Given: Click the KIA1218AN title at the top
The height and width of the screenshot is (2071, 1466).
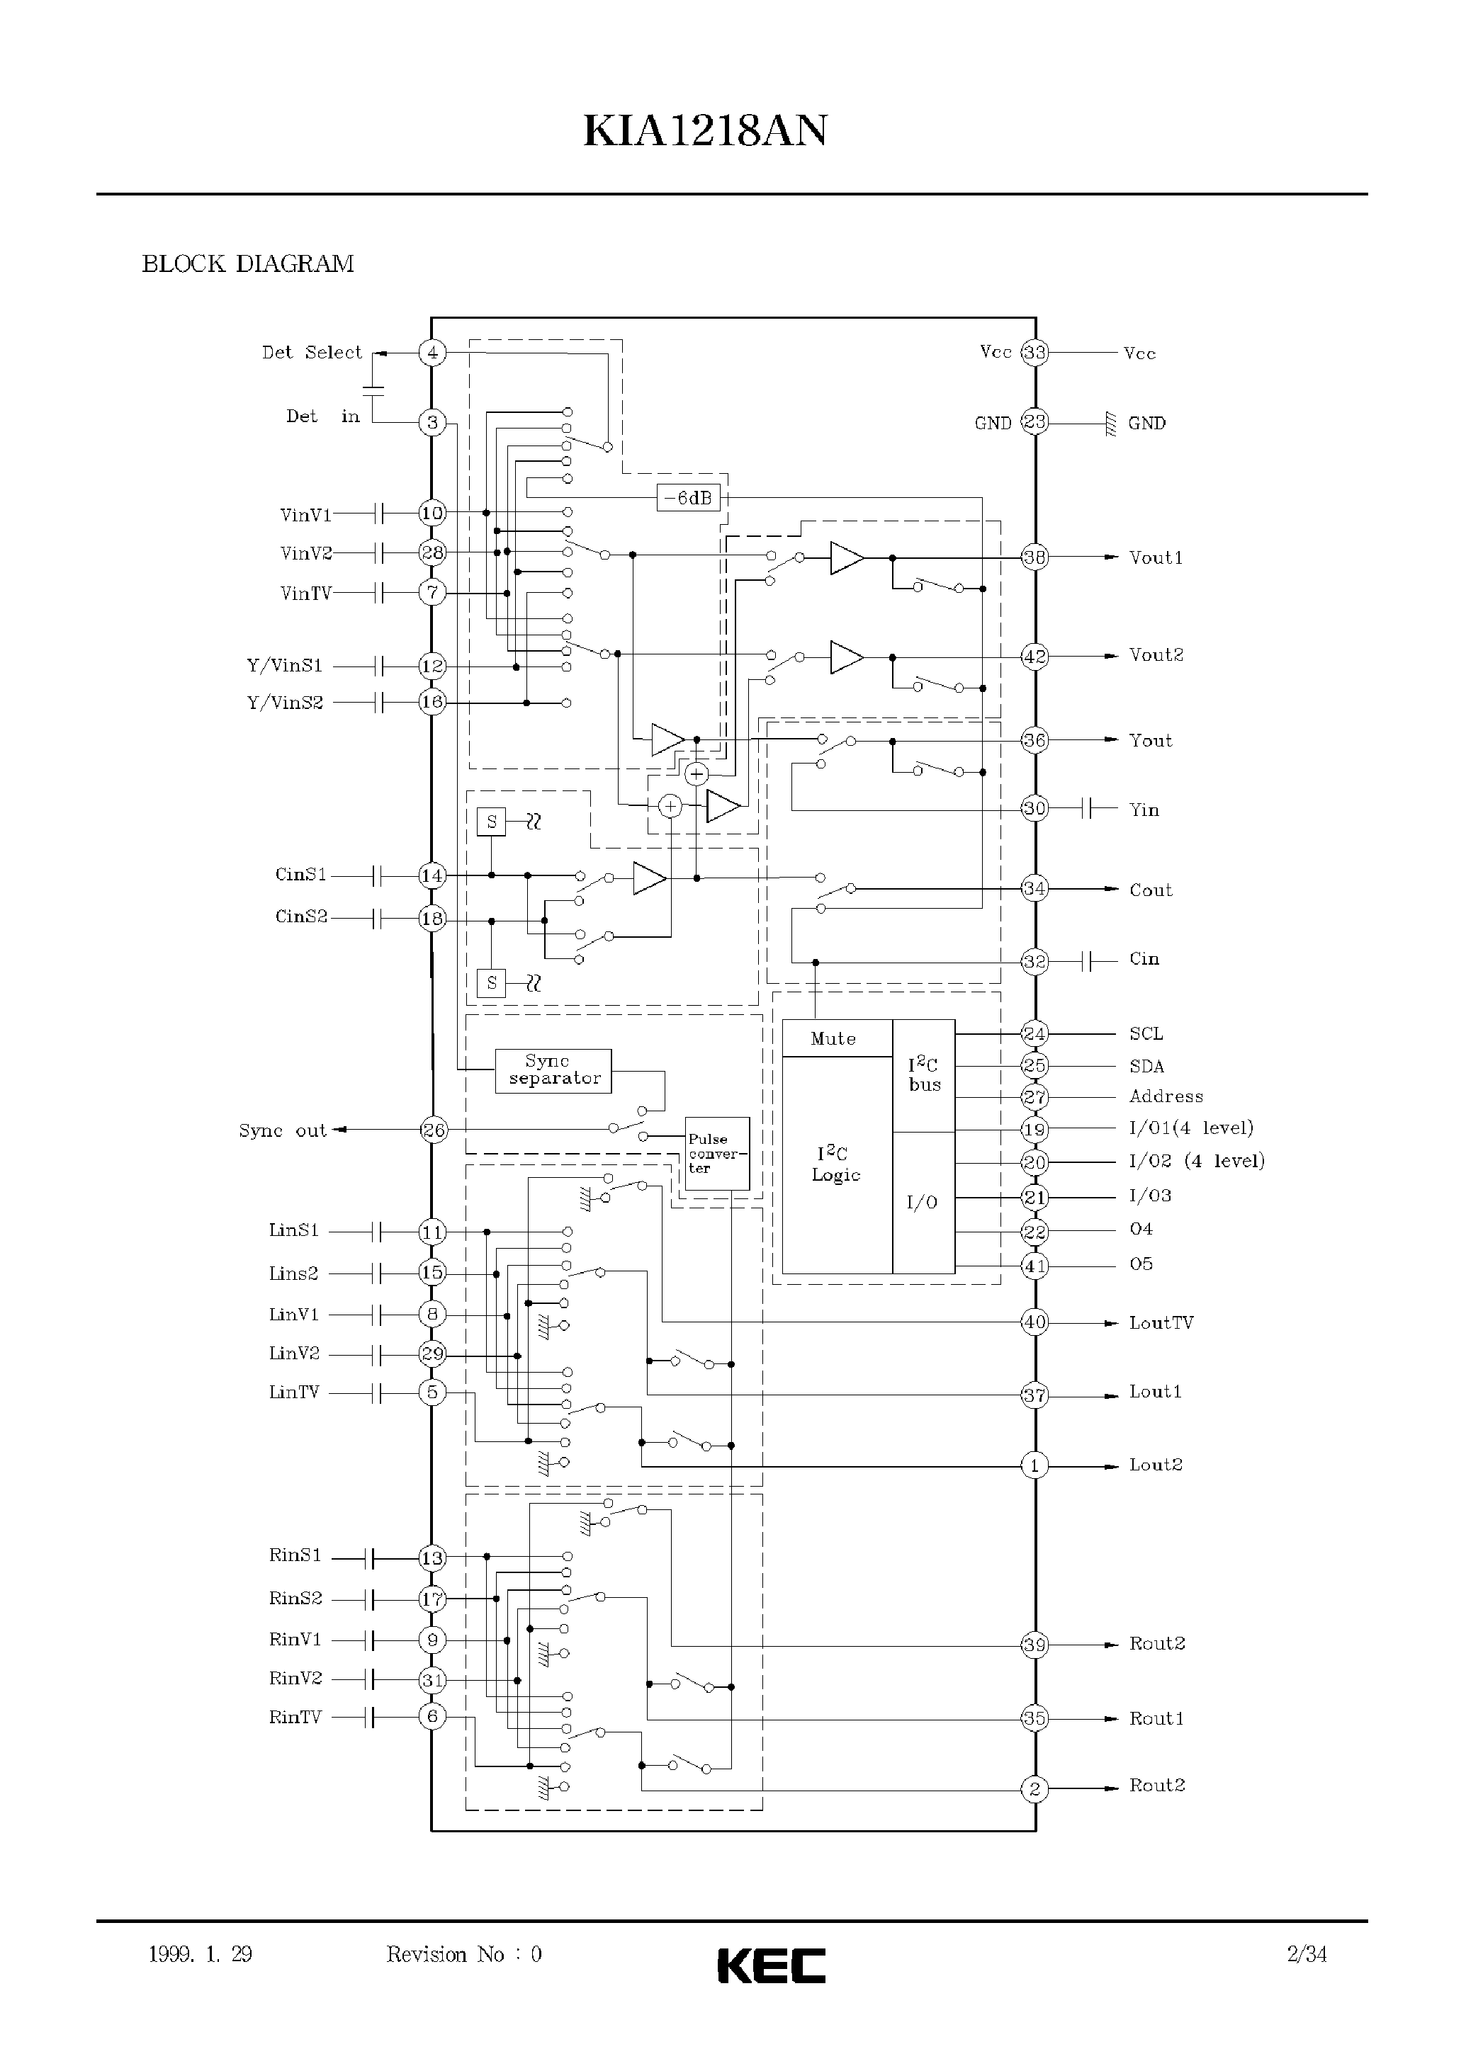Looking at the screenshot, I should coord(705,131).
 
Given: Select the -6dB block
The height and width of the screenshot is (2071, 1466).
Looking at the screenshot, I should coord(688,497).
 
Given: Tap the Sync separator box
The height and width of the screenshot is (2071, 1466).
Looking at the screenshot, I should coord(553,1070).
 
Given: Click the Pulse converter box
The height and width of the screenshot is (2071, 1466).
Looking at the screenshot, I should coord(718,1153).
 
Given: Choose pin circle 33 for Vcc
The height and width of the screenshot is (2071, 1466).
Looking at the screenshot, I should coord(1034,352).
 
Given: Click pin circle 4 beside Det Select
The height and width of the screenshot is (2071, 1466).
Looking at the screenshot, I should coord(432,352).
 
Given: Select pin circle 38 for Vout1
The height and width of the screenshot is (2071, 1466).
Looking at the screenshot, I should coord(1034,557).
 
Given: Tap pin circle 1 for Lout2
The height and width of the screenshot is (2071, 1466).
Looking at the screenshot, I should coord(1034,1465).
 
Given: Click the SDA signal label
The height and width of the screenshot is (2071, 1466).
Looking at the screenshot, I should coord(1146,1066).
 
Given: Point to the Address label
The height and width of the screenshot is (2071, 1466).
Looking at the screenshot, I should coord(1166,1096).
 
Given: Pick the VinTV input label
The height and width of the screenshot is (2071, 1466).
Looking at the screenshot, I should coord(306,593).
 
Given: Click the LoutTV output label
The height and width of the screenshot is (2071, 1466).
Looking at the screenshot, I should coord(1161,1322).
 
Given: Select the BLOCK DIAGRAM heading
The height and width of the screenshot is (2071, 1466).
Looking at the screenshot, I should coord(247,263).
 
